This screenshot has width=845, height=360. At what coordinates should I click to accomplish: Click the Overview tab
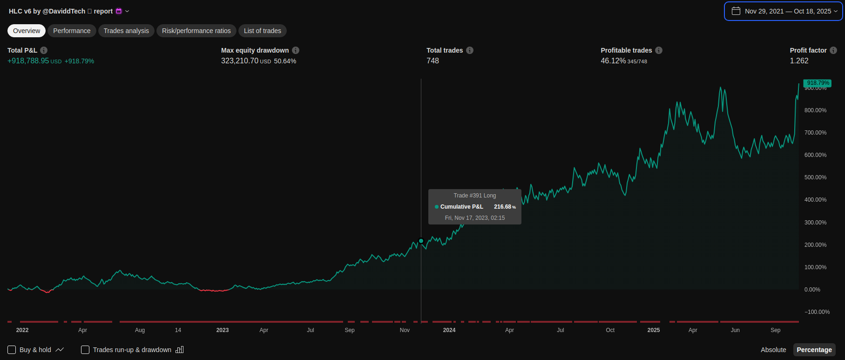27,31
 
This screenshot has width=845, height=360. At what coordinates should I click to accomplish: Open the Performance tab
72,31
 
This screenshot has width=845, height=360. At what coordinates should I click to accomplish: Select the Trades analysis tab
126,31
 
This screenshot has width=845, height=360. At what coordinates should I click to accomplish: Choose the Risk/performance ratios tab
196,31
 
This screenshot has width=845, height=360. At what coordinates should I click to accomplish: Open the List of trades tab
263,31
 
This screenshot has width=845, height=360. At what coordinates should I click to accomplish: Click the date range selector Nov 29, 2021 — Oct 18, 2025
783,11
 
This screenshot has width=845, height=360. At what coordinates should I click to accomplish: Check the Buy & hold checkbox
12,350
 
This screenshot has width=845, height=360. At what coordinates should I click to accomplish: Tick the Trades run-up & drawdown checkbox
85,350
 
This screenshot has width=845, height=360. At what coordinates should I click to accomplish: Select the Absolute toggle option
773,350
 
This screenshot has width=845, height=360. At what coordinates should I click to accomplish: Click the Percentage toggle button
814,350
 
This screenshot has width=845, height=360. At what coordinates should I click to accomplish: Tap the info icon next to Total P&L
44,50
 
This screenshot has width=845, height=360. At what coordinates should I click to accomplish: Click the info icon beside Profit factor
833,50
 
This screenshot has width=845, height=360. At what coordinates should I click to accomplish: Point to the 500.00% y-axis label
815,177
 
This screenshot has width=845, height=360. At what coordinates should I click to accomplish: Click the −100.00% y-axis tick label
817,312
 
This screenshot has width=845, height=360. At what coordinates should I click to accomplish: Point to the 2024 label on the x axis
449,330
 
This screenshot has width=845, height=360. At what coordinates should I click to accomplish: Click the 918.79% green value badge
818,83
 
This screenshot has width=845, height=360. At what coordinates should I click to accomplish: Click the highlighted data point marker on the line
421,241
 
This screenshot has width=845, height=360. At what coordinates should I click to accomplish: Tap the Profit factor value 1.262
799,61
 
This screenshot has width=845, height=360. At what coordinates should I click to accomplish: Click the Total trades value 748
433,61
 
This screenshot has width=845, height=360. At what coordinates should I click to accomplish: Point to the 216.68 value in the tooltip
502,207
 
